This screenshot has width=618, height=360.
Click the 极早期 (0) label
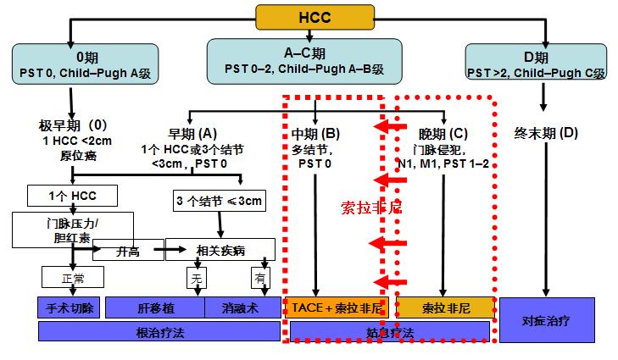click(73, 124)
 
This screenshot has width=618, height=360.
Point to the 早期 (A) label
click(193, 133)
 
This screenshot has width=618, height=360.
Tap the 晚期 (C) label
click(443, 133)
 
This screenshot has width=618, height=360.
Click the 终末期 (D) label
click(546, 133)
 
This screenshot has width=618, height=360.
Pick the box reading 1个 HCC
click(75, 196)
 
